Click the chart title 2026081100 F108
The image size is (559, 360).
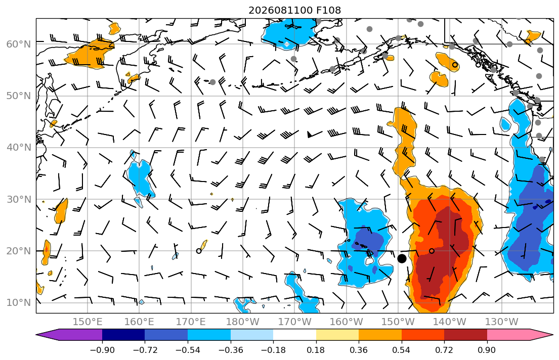(294, 10)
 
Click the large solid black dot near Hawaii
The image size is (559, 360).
(402, 259)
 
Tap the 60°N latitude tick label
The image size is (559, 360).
(19, 44)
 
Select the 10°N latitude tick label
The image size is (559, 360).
(19, 303)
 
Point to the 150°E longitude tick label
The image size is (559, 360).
(88, 322)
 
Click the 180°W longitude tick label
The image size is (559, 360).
(243, 322)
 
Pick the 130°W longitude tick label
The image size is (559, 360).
(502, 322)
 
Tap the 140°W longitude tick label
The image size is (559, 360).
(450, 322)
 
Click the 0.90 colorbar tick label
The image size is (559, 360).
(487, 350)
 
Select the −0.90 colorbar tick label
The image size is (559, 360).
(102, 350)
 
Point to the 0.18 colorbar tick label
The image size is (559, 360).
(316, 350)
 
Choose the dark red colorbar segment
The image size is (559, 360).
(465, 335)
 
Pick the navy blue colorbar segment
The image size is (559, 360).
(123, 335)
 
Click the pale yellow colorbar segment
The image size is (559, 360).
(337, 335)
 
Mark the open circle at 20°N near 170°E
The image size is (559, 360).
(199, 251)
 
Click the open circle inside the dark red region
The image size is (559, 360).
(432, 251)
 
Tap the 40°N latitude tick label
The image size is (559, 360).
(19, 148)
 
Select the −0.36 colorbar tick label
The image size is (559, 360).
(231, 350)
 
